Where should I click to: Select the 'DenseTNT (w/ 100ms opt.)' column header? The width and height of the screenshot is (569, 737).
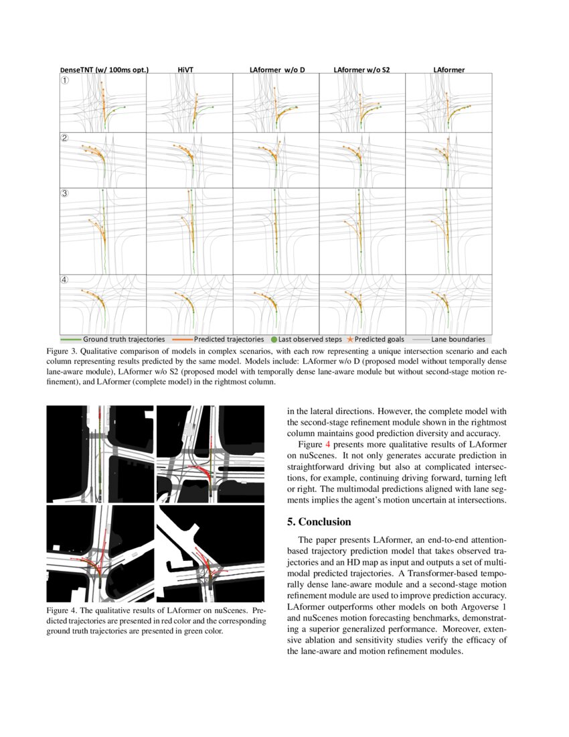point(104,69)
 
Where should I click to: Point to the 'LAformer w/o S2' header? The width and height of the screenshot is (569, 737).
point(361,69)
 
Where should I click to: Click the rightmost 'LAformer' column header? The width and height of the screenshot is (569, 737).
point(449,69)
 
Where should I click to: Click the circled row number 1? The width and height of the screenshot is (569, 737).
point(65,80)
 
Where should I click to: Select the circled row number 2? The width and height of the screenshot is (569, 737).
point(65,139)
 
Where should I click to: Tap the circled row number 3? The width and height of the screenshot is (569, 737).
point(65,194)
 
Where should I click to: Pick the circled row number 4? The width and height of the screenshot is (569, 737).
point(65,280)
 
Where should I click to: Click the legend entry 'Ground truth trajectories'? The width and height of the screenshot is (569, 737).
point(124,340)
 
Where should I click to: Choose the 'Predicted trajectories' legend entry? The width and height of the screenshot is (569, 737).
point(228,340)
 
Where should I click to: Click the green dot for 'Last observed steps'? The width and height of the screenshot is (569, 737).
point(274,340)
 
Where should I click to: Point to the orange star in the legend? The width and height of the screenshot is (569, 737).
point(350,340)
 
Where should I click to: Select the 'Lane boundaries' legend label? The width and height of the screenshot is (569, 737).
point(458,340)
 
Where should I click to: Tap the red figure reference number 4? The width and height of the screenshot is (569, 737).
point(328,444)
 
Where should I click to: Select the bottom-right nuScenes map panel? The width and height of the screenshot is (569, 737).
point(211,553)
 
